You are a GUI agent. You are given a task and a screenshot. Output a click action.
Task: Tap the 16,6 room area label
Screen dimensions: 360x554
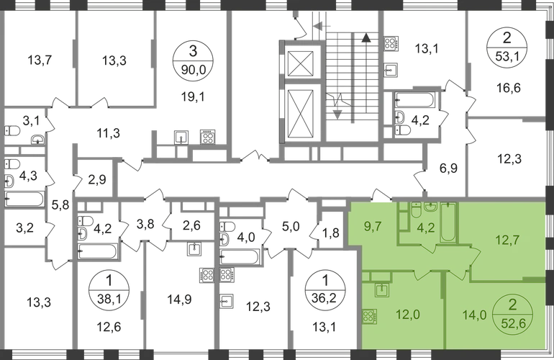tap(507, 87)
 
